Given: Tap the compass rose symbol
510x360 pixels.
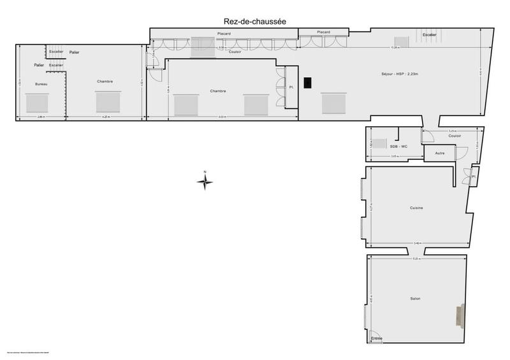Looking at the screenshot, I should pyautogui.click(x=205, y=182).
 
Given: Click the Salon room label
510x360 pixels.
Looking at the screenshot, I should pyautogui.click(x=416, y=298).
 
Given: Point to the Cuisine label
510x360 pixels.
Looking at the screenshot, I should pyautogui.click(x=417, y=208).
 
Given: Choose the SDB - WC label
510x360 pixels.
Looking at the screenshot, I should pyautogui.click(x=398, y=147).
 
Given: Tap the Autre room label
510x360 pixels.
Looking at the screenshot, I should pyautogui.click(x=440, y=154).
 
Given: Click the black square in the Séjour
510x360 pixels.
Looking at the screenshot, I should pyautogui.click(x=309, y=83).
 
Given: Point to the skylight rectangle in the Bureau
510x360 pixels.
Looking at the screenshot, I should pyautogui.click(x=37, y=102).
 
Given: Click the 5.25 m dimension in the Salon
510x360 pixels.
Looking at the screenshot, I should pyautogui.click(x=416, y=259).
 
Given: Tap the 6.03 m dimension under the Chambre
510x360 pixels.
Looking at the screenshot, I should pyautogui.click(x=221, y=117).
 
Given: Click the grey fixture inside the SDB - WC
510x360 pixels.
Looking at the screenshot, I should pyautogui.click(x=379, y=144).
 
